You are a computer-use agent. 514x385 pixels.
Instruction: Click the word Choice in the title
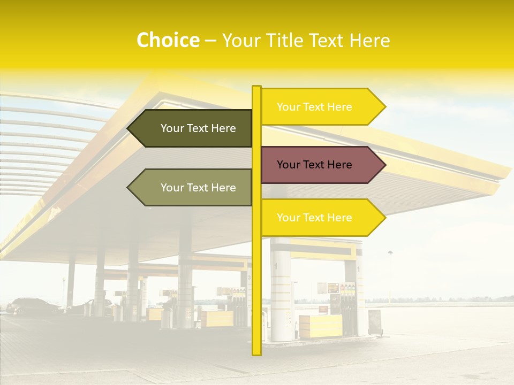pos(168,40)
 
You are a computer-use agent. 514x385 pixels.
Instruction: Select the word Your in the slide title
pos(240,41)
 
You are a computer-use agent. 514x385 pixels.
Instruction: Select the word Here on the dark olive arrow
pos(223,128)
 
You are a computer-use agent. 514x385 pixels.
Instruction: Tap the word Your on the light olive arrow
pos(171,188)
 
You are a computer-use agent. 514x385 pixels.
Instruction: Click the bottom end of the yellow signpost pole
pos(256,352)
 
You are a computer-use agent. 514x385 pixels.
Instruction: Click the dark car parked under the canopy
pos(32,306)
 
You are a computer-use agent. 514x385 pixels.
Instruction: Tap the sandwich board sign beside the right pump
pos(374,322)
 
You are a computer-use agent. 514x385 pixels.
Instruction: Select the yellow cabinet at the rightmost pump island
pos(320,326)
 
